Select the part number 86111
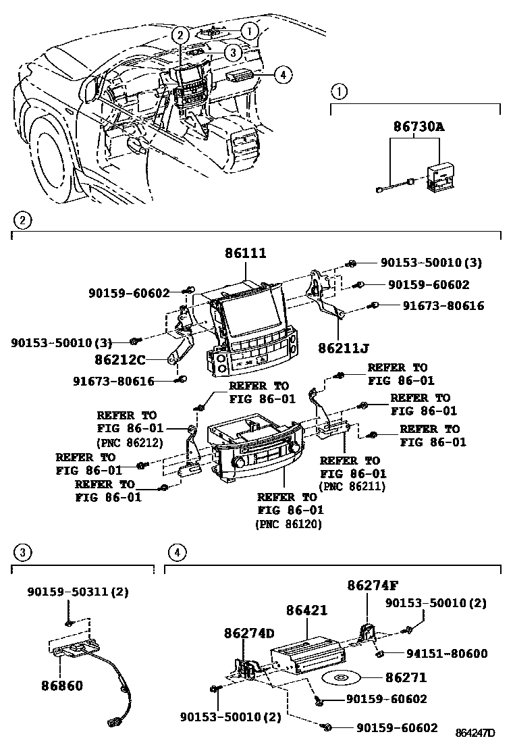246,253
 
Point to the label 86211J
344,348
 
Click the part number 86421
306,611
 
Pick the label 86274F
373,585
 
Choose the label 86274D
250,633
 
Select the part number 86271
406,676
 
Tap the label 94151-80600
447,654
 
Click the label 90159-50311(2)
78,592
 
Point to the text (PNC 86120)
288,524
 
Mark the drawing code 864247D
475,733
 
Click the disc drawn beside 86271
342,677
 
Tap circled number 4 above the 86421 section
175,553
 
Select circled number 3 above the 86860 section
22,553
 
